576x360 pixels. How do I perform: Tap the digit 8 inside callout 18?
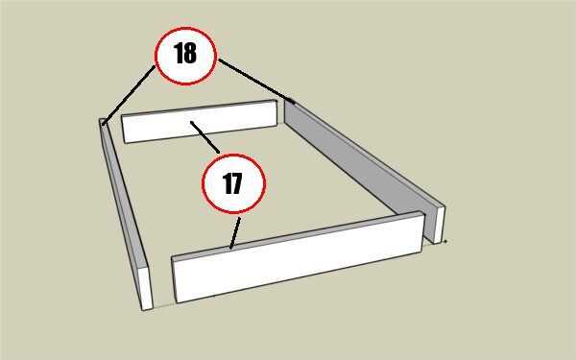point(190,53)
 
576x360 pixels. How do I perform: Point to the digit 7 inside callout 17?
point(237,183)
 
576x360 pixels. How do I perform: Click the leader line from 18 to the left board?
point(129,95)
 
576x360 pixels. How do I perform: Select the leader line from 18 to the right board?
point(256,81)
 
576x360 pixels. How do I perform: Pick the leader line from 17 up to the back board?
point(205,136)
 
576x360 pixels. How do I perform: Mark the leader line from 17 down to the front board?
point(235,233)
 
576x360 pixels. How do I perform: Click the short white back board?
point(200,122)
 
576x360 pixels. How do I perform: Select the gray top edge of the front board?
point(297,235)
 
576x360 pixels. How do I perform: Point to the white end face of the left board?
point(146,288)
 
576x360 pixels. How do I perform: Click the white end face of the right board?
point(440,225)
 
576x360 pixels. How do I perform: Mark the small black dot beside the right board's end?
point(445,242)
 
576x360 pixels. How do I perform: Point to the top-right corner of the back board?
point(276,100)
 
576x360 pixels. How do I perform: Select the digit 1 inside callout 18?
point(179,53)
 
